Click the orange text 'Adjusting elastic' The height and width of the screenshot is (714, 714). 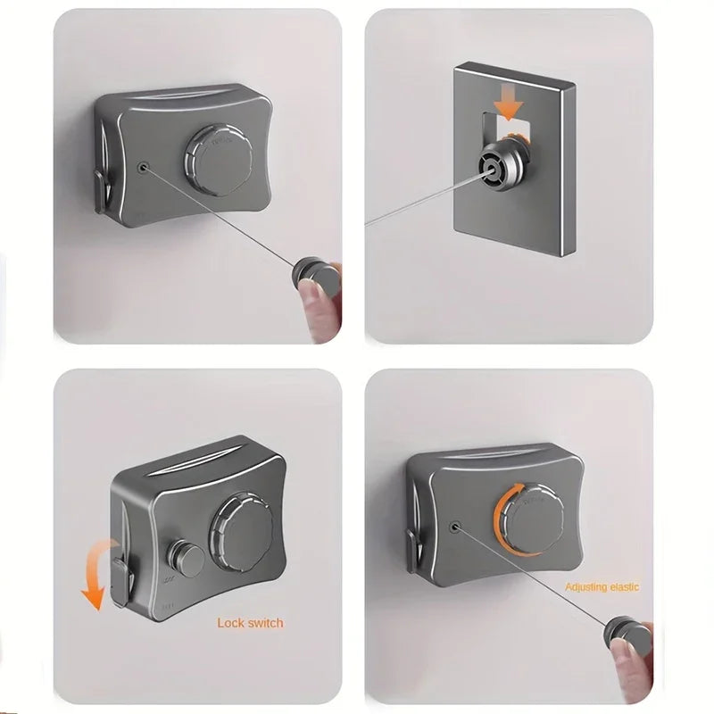[x=602, y=586]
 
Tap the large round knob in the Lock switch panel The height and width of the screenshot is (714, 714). [x=240, y=533]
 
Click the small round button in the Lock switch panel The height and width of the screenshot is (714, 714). [x=186, y=559]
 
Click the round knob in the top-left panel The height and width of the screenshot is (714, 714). [x=218, y=160]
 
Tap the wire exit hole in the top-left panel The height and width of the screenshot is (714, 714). [x=144, y=167]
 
